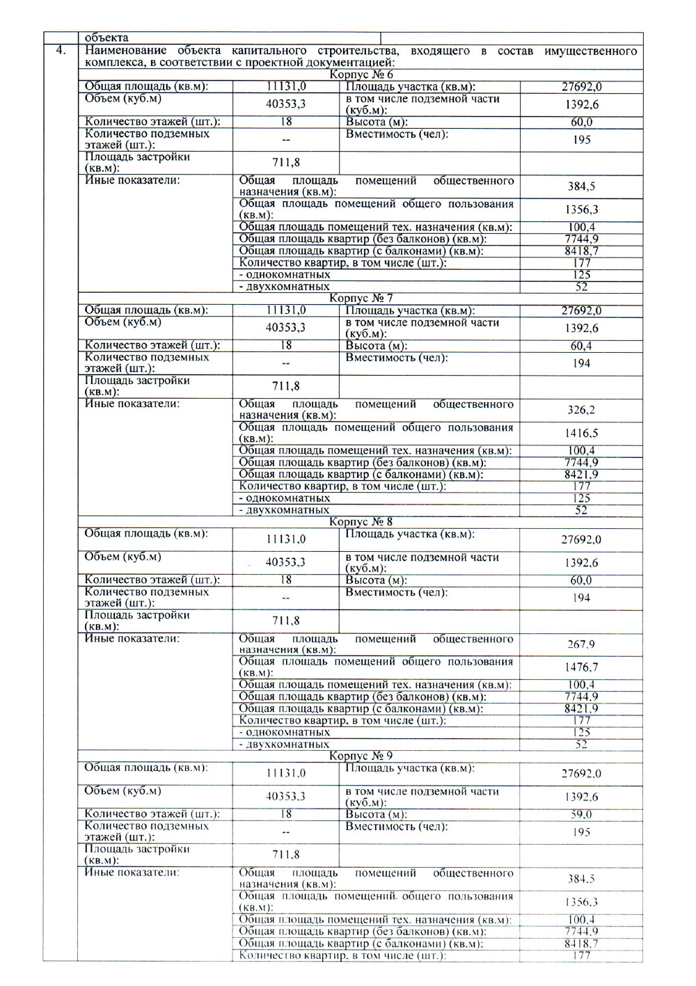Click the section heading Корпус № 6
pyautogui.click(x=361, y=74)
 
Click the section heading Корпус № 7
pyautogui.click(x=361, y=298)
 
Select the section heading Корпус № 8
pyautogui.click(x=361, y=521)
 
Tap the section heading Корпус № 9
pyautogui.click(x=361, y=756)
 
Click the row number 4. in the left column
pyautogui.click(x=61, y=50)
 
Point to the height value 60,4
pyautogui.click(x=581, y=346)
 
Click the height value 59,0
pyautogui.click(x=581, y=814)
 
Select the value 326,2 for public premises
pyautogui.click(x=581, y=410)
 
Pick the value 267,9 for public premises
pyautogui.click(x=581, y=644)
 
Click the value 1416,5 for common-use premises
pyautogui.click(x=581, y=433)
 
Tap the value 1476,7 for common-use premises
pyautogui.click(x=581, y=667)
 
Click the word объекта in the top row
pyautogui.click(x=106, y=38)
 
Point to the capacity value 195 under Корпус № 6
pyautogui.click(x=581, y=139)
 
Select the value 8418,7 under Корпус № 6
pyautogui.click(x=581, y=251)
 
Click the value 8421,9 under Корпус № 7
pyautogui.click(x=581, y=475)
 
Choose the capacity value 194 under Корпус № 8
pyautogui.click(x=581, y=598)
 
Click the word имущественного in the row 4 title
pyautogui.click(x=591, y=51)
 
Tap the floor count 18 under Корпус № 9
pyautogui.click(x=286, y=814)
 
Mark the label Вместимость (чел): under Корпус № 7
pyautogui.click(x=397, y=358)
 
